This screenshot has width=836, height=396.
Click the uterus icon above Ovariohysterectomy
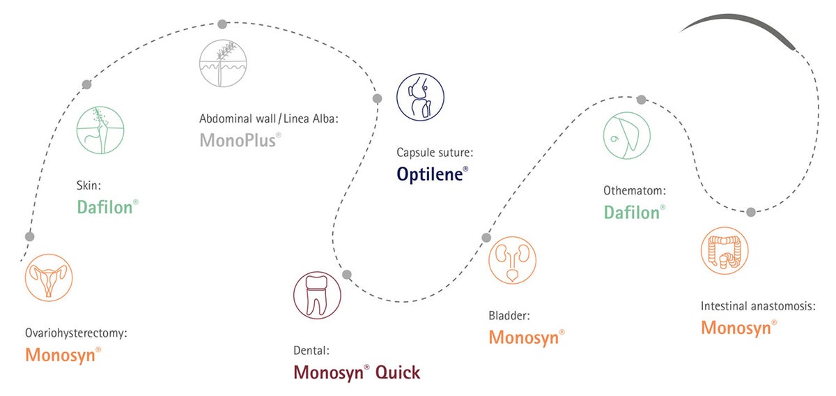coord(49,277)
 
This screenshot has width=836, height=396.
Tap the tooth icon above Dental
coord(317,295)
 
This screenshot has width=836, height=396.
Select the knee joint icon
coord(420,97)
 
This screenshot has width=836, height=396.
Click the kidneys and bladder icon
coord(513,260)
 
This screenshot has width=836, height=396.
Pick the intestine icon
coord(725,251)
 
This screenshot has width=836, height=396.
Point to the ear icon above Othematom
coord(627,136)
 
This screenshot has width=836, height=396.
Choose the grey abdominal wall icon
coord(223,63)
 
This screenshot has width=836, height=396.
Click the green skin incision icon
coord(100,130)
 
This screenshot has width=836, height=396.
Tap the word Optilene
coord(430,174)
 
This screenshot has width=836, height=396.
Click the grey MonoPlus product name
coord(238,140)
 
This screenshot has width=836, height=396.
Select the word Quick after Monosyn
coord(398,373)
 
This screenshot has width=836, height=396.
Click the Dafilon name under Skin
coord(105,207)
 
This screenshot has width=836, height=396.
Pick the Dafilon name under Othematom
coord(632,213)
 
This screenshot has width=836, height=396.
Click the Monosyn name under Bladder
coord(524,337)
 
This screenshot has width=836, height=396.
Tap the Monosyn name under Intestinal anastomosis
coord(736,328)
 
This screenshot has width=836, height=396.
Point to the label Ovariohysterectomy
coord(76,333)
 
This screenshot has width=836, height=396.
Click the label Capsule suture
coord(435,153)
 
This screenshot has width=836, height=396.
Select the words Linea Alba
coord(311,119)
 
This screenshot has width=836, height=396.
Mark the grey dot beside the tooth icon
coord(347,275)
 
